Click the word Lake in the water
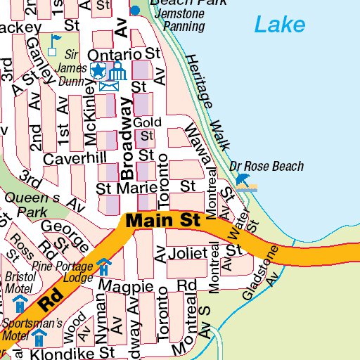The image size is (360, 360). tap(280, 26)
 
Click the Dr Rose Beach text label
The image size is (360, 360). tap(266, 167)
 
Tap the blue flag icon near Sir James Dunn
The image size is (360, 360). tap(55, 41)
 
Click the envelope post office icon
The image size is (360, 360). tap(108, 86)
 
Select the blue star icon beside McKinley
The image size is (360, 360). tap(98, 70)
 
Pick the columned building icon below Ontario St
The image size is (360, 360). tap(117, 70)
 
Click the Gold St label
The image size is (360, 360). tap(143, 129)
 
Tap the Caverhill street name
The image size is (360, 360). tap(74, 159)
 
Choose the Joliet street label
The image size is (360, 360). tap(188, 253)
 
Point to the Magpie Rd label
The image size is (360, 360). tap(147, 286)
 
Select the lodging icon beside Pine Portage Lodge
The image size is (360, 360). tap(104, 267)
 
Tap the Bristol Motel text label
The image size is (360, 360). tap(20, 282)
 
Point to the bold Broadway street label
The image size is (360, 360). tap(127, 139)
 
